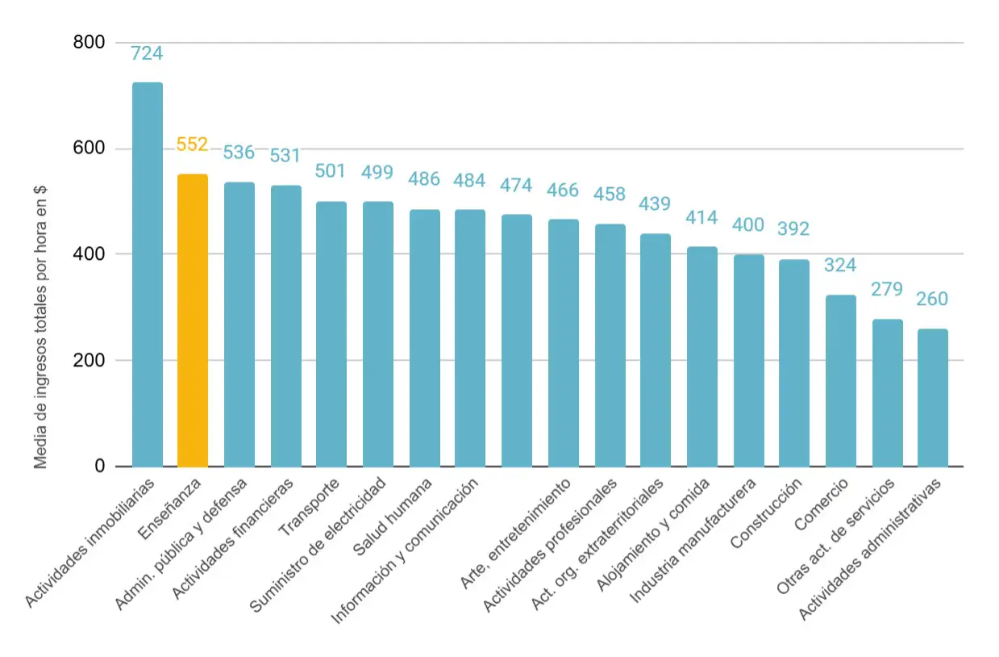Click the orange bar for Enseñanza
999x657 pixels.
pos(193,320)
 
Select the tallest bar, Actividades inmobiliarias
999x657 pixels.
pos(148,274)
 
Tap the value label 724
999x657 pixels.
pos(147,53)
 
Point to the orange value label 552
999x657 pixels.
pos(192,144)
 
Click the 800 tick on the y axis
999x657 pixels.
pos(89,42)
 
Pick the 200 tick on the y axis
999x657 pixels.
pos(89,360)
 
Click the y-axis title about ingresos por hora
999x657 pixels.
pos(40,327)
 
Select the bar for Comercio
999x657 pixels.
pos(841,381)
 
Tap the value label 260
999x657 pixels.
pos(932,299)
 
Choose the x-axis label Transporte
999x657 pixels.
pos(309,507)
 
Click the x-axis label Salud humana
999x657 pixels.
pos(392,517)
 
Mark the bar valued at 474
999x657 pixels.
pos(517,341)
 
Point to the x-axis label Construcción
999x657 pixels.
pos(766,513)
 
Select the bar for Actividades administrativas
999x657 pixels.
pos(933,398)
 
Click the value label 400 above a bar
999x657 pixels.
pos(748,225)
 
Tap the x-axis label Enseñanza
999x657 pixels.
pos(169,508)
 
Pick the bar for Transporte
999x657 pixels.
pos(331,334)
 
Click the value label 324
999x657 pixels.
pos(840,265)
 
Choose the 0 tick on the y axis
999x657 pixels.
pos(99,466)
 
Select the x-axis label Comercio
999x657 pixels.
pos(821,504)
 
